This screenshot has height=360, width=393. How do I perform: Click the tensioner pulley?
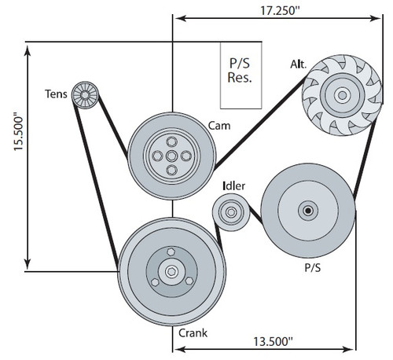pos(83,95)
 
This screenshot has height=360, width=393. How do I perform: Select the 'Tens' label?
pos(57,96)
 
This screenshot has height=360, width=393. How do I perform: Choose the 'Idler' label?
pos(233,186)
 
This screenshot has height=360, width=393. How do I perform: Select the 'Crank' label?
pos(193,332)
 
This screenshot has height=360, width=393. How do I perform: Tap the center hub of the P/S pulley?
pos(307,210)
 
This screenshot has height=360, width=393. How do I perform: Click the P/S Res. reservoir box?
pos(241,72)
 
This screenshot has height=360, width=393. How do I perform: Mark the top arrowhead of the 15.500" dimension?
pos(29,46)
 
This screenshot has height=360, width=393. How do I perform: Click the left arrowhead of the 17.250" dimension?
pos(177,17)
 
